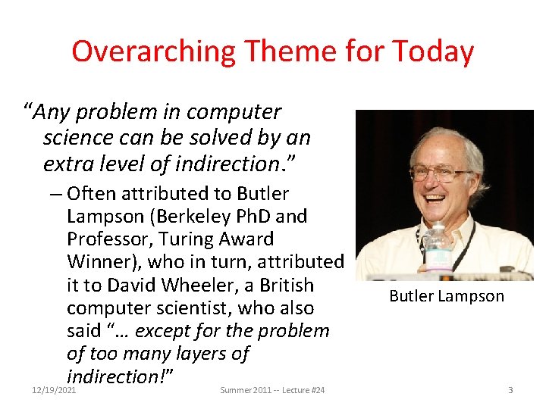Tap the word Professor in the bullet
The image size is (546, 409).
tap(106, 239)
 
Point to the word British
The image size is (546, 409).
tap(284, 286)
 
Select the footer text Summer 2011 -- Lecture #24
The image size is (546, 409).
tap(272, 389)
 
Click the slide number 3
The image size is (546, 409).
tap(510, 389)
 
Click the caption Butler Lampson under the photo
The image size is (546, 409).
tap(446, 296)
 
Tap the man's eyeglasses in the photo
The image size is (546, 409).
tap(440, 173)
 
